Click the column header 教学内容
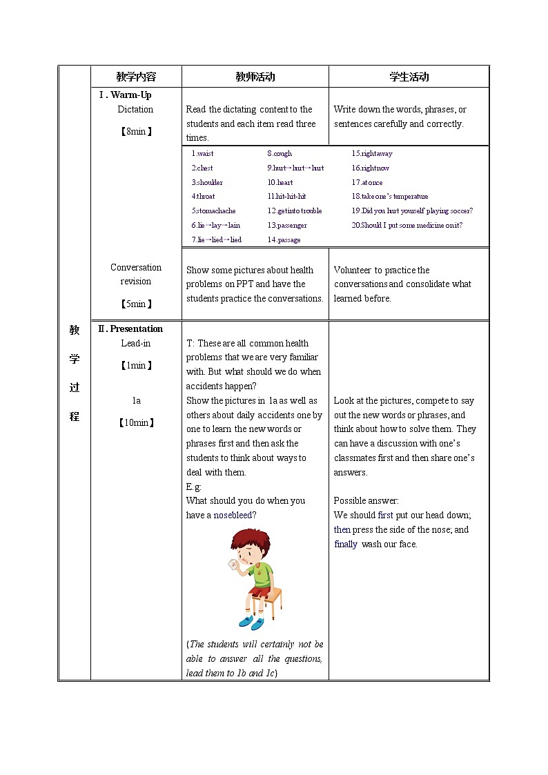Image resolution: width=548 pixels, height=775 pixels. coord(136,77)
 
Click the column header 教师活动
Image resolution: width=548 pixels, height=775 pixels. coord(255,77)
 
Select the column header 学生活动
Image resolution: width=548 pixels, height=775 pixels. coord(409,77)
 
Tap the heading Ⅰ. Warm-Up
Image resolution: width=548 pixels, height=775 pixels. coord(125,95)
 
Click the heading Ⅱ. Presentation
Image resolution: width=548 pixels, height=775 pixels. coord(130,329)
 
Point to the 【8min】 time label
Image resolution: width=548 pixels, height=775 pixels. coord(136,131)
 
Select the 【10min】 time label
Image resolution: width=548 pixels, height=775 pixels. coord(136,423)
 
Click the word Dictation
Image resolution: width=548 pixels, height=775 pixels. coord(135,110)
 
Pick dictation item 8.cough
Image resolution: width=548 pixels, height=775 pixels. coord(280,154)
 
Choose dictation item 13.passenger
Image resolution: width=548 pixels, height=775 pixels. coord(287,226)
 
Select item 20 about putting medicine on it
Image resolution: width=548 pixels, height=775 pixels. coord(407,226)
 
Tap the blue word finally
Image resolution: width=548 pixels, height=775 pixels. coord(346,545)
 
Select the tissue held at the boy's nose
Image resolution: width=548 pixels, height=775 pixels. coord(232,564)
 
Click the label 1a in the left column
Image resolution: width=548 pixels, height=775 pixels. coord(136,401)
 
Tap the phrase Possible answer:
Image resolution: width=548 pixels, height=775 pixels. coord(366,501)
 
